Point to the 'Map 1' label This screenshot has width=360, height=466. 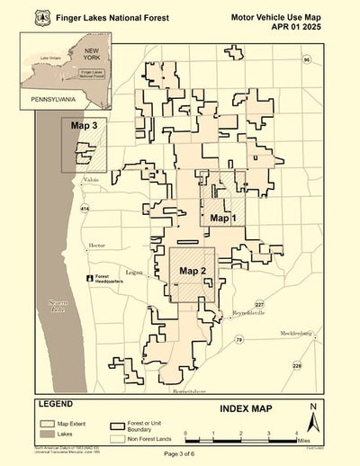tap(222, 218)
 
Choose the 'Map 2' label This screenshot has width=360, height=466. tap(193, 271)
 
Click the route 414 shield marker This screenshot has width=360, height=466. tap(85, 209)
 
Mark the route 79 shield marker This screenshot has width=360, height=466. tap(238, 339)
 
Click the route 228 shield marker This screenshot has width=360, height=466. tap(297, 365)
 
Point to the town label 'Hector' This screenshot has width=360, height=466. tap(97, 245)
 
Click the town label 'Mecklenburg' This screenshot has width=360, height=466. tap(301, 332)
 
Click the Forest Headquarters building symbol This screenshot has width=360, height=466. tap(89, 279)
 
